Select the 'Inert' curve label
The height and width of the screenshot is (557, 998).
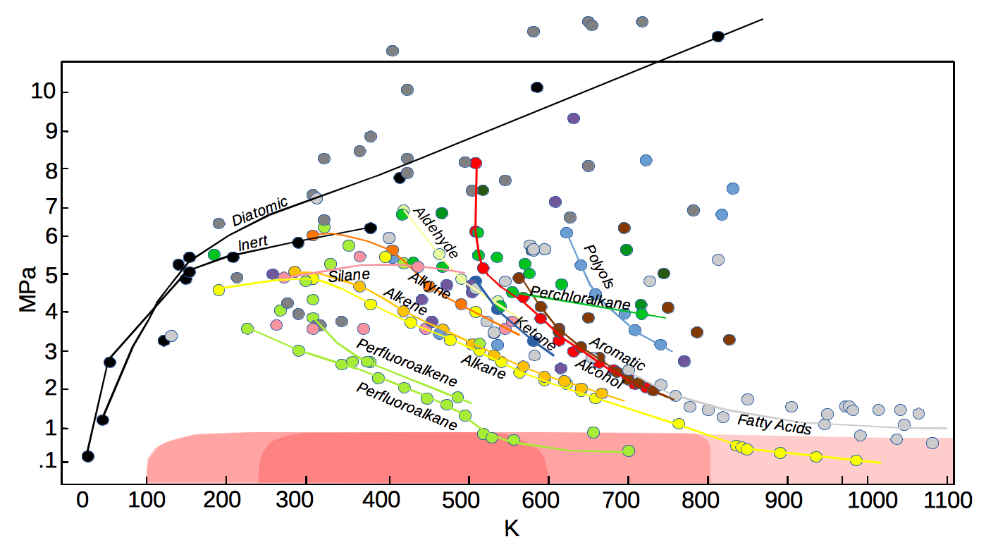point(253,244)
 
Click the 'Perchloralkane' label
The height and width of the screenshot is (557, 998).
point(580,298)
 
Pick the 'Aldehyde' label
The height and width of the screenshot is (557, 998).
point(435,233)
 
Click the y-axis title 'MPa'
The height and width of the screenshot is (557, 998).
point(28,288)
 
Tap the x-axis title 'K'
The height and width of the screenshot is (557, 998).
point(512,528)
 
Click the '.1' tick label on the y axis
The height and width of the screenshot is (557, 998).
point(47,463)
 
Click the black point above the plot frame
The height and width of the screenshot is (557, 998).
point(718,37)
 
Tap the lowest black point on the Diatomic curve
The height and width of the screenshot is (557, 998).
point(88,456)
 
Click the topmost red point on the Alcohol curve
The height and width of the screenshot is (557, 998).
point(476,164)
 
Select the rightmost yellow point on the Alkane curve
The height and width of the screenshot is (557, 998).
point(856,460)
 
